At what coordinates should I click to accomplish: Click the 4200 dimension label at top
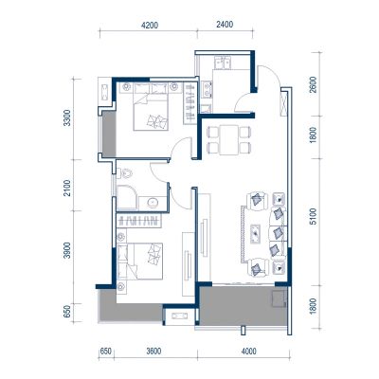point(150,26)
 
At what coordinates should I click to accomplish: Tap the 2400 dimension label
point(225,25)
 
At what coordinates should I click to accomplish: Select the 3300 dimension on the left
point(66,118)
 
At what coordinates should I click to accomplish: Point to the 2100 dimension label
point(66,189)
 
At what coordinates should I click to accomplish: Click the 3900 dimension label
point(66,251)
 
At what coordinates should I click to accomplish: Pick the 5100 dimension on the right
point(313,217)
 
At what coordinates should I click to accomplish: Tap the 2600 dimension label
point(313,84)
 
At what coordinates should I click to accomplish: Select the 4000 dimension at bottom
point(249,352)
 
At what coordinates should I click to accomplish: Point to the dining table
point(229,139)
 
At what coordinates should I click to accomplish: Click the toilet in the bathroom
point(125,173)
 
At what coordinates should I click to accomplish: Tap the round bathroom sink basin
point(153,203)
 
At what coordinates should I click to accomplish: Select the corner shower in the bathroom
point(127,198)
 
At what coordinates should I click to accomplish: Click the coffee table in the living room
point(255,234)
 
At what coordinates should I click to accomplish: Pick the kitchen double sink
point(223,63)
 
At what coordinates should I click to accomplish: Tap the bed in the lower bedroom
point(140,261)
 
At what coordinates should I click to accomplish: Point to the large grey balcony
point(244,306)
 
